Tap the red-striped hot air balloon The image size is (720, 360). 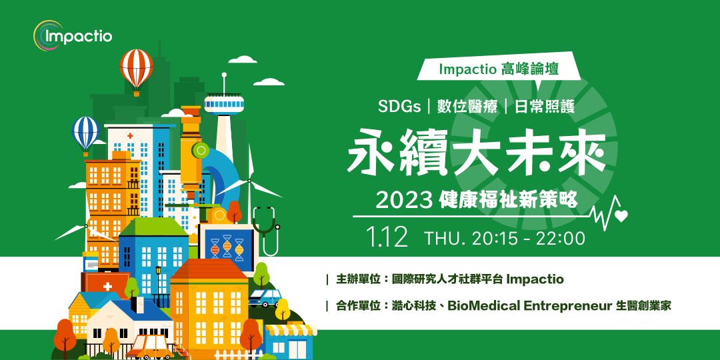pyautogui.click(x=137, y=67)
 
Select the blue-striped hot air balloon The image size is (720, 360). pyautogui.click(x=85, y=131)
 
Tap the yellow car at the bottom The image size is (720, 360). pyautogui.click(x=151, y=346)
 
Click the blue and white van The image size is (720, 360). pyautogui.click(x=265, y=297)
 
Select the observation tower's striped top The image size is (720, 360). pyautogui.click(x=225, y=103)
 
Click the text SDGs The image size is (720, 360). pyautogui.click(x=401, y=106)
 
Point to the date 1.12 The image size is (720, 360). pyautogui.click(x=387, y=237)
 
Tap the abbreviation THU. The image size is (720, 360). pyautogui.click(x=446, y=238)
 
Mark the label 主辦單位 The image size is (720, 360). pyautogui.click(x=358, y=279)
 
